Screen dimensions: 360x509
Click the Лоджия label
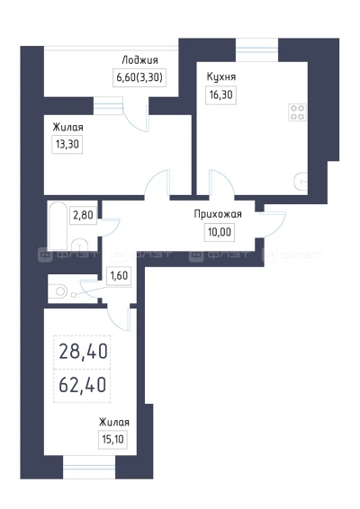pyautogui.click(x=140, y=60)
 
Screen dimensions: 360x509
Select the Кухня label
pyautogui.click(x=221, y=77)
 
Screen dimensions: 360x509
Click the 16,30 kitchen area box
pyautogui.click(x=220, y=95)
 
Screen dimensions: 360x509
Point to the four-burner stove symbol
pyautogui.click(x=297, y=112)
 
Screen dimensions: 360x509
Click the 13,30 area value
pyautogui.click(x=67, y=144)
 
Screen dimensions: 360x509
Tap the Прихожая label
pyautogui.click(x=218, y=215)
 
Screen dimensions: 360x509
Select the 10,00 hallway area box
pyautogui.click(x=220, y=232)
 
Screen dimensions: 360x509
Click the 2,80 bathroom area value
pyautogui.click(x=83, y=215)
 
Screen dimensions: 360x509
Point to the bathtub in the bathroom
pyautogui.click(x=58, y=226)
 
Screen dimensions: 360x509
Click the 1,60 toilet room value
pyautogui.click(x=119, y=276)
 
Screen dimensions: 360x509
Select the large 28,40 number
pyautogui.click(x=83, y=352)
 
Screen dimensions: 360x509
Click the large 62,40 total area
pyautogui.click(x=83, y=385)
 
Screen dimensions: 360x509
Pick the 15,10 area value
pyautogui.click(x=112, y=440)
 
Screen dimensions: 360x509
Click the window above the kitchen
pyautogui.click(x=256, y=49)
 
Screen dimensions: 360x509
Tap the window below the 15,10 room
pyautogui.click(x=89, y=467)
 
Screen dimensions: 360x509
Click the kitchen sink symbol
pyautogui.click(x=301, y=182)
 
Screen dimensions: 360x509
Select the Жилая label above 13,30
pyautogui.click(x=67, y=128)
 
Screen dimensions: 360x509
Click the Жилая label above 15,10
pyautogui.click(x=114, y=422)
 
